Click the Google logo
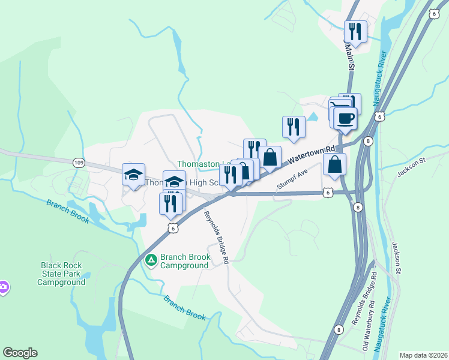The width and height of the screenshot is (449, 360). [x=20, y=353]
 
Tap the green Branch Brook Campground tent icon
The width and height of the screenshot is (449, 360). [x=151, y=260]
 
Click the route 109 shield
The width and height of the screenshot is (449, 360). [x=79, y=162]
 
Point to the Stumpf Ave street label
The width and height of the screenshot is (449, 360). [x=292, y=179]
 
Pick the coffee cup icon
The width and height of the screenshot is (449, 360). [x=345, y=118]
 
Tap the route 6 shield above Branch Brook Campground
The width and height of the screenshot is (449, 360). [x=172, y=228]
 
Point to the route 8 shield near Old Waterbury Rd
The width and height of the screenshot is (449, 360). [x=339, y=329]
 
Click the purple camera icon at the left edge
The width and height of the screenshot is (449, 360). [x=3, y=287]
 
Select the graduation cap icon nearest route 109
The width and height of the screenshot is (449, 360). [x=133, y=175]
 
